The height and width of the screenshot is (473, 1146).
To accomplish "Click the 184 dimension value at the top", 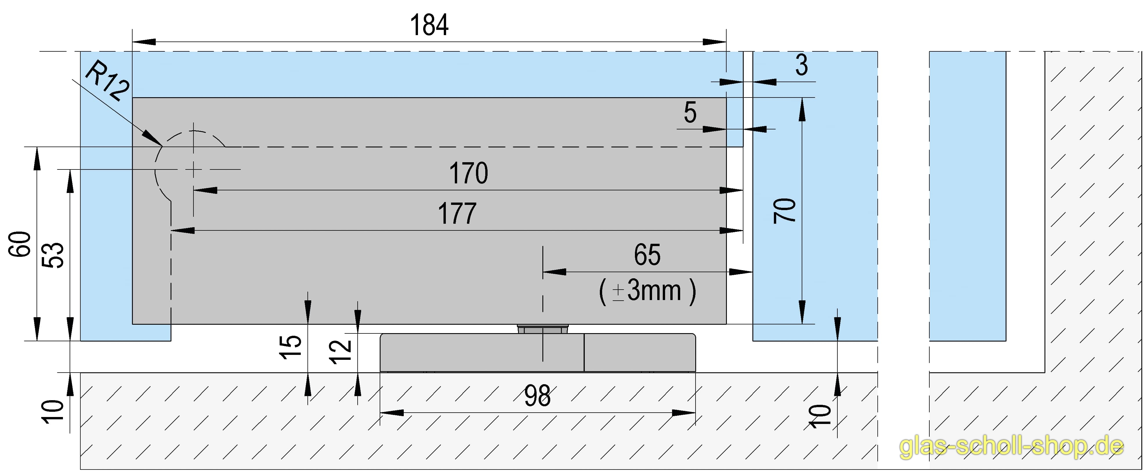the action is point(429,25).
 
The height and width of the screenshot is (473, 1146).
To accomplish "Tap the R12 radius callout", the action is point(107,82).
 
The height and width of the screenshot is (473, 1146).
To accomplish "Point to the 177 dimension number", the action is point(457,214).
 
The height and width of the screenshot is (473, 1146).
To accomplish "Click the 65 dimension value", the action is point(647,255).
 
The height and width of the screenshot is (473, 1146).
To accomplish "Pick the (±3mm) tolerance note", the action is point(647,291).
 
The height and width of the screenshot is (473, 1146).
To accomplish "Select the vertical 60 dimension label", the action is point(20,244).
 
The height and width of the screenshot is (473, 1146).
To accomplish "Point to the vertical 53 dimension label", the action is point(53,255).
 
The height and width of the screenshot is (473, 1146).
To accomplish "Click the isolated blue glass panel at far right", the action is point(968,196).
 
